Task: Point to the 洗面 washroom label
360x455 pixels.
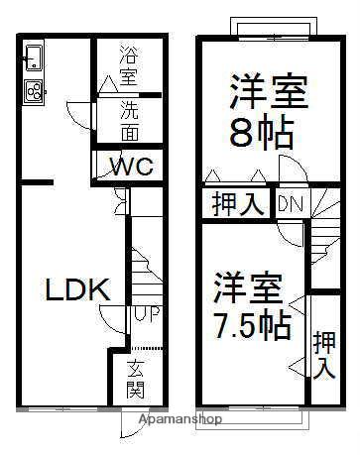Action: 130,121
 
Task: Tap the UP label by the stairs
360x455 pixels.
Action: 142,314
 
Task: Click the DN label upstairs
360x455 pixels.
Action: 290,204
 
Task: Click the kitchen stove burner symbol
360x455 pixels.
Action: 33,91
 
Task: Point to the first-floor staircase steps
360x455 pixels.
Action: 142,268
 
